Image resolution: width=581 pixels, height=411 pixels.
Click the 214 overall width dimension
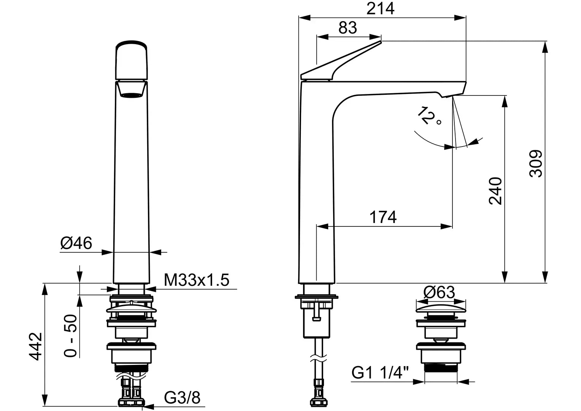[x=380, y=9]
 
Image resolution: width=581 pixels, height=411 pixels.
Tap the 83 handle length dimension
[x=348, y=28]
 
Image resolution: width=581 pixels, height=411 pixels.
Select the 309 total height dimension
[x=536, y=164]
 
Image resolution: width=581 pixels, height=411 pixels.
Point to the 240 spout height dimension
[x=495, y=191]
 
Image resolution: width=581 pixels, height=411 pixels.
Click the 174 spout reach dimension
[x=383, y=217]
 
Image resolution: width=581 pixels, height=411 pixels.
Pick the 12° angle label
[x=429, y=116]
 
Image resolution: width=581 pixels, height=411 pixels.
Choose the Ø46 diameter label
[x=76, y=243]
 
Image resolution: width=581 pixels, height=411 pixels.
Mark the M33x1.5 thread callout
[x=197, y=280]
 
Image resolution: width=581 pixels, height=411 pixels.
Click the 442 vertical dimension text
[x=35, y=346]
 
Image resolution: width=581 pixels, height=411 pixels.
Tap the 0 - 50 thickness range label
[x=70, y=335]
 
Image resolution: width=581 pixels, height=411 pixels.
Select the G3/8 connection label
[x=182, y=398]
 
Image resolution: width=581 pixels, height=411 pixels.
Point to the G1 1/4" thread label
[x=380, y=373]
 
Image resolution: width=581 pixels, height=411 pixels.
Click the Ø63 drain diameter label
[x=439, y=292]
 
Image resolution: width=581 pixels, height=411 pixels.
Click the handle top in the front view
[x=132, y=60]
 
